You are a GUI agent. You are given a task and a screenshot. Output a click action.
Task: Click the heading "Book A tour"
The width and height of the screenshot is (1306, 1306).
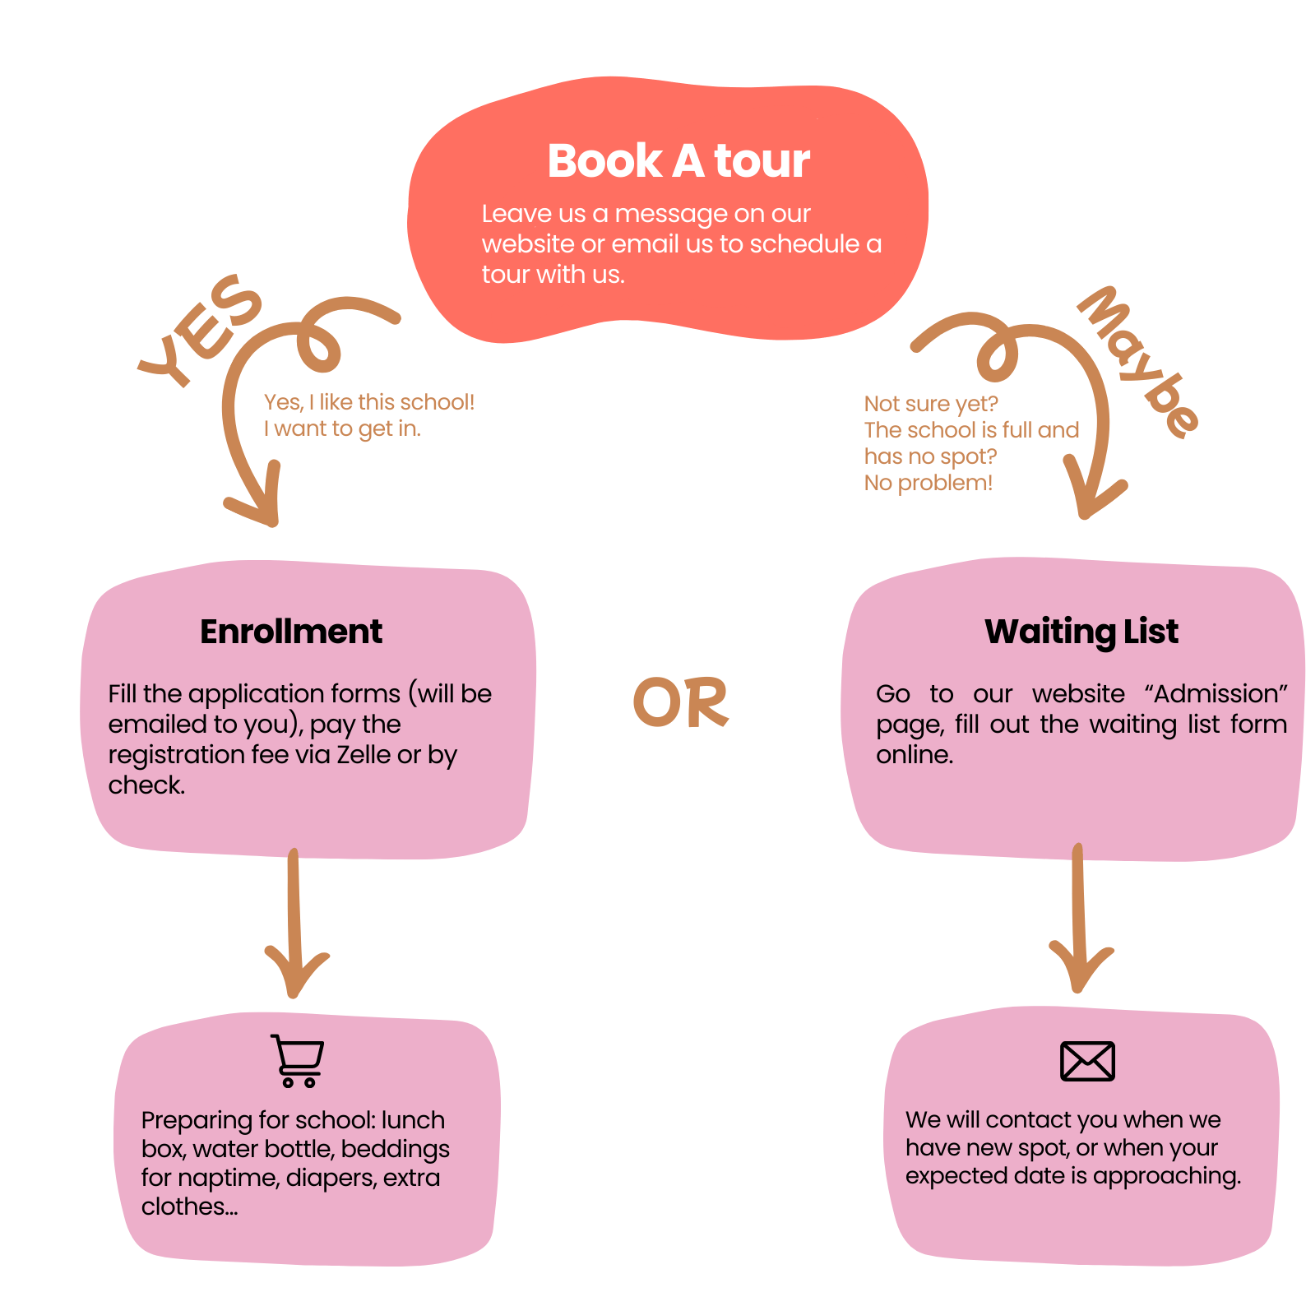pyautogui.click(x=678, y=160)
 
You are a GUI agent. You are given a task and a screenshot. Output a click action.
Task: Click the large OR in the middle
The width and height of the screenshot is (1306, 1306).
pyautogui.click(x=680, y=702)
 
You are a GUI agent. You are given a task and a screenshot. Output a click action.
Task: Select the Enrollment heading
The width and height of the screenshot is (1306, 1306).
pyautogui.click(x=291, y=632)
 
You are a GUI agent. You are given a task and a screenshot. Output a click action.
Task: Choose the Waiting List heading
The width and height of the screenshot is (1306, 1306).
pyautogui.click(x=1081, y=632)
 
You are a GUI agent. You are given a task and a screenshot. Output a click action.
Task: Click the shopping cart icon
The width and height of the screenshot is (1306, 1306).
pyautogui.click(x=298, y=1061)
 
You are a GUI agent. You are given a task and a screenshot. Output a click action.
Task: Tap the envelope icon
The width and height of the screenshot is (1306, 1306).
pyautogui.click(x=1087, y=1061)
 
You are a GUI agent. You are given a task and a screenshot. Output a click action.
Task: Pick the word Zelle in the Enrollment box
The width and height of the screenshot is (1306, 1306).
pyautogui.click(x=364, y=754)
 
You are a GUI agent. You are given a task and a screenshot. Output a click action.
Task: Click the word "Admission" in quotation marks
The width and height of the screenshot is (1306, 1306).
pyautogui.click(x=1216, y=693)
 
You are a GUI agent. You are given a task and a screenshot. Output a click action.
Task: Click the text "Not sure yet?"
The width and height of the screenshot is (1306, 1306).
pyautogui.click(x=930, y=404)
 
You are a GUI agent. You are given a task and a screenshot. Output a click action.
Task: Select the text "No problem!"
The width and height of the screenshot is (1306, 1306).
pyautogui.click(x=928, y=483)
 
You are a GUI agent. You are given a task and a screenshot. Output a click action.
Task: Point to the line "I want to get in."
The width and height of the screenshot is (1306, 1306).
pyautogui.click(x=341, y=428)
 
